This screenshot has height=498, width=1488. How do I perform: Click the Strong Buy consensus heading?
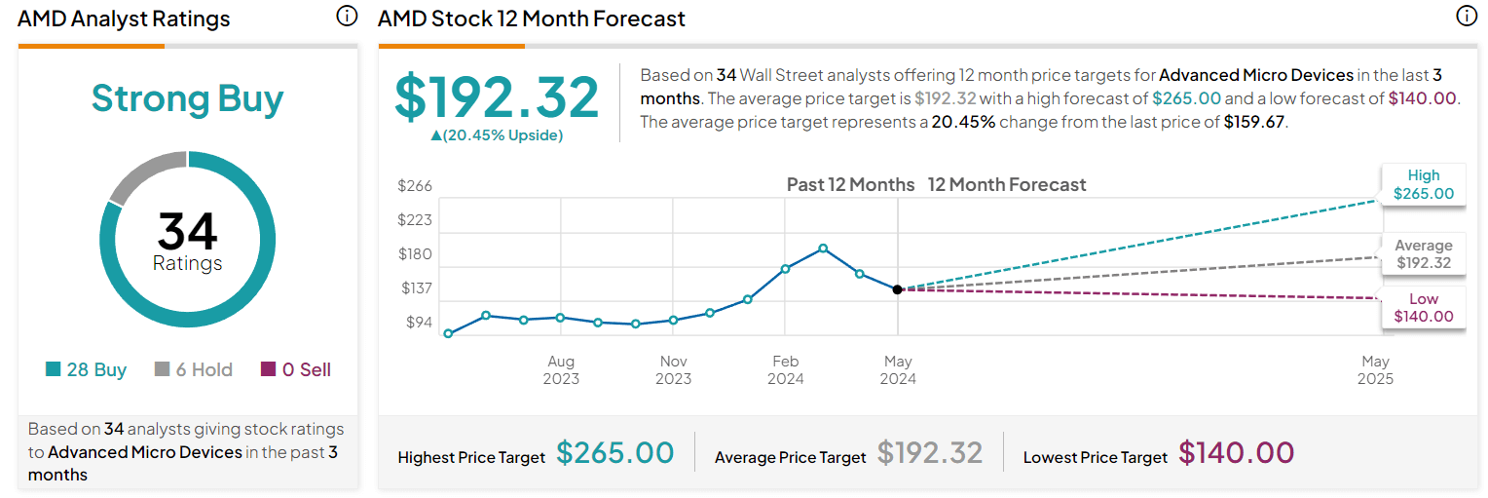187,98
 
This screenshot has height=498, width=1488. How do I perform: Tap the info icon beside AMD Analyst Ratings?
347,17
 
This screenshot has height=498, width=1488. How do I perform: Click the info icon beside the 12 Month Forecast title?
1466,17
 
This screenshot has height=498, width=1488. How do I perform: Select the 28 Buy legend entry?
86,369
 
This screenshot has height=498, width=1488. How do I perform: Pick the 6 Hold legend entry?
194,369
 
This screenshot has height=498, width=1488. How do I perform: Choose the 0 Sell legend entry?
296,369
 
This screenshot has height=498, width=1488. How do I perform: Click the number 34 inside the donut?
187,232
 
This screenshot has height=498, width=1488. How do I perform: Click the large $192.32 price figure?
497,97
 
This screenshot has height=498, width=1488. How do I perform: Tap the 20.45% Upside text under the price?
497,135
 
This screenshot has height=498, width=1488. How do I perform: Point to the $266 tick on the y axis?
415,186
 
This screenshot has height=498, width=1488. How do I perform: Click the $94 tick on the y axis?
419,323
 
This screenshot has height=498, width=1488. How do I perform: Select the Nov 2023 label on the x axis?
673,369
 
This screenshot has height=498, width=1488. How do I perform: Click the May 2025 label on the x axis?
1375,369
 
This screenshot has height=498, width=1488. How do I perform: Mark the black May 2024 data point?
897,289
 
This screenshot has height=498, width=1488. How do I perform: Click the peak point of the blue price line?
823,249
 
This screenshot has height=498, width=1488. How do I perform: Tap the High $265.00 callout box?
1423,184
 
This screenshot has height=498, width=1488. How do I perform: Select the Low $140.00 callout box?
1423,307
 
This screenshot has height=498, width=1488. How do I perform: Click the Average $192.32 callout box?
1423,254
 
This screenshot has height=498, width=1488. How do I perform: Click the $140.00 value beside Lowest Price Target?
1236,453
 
